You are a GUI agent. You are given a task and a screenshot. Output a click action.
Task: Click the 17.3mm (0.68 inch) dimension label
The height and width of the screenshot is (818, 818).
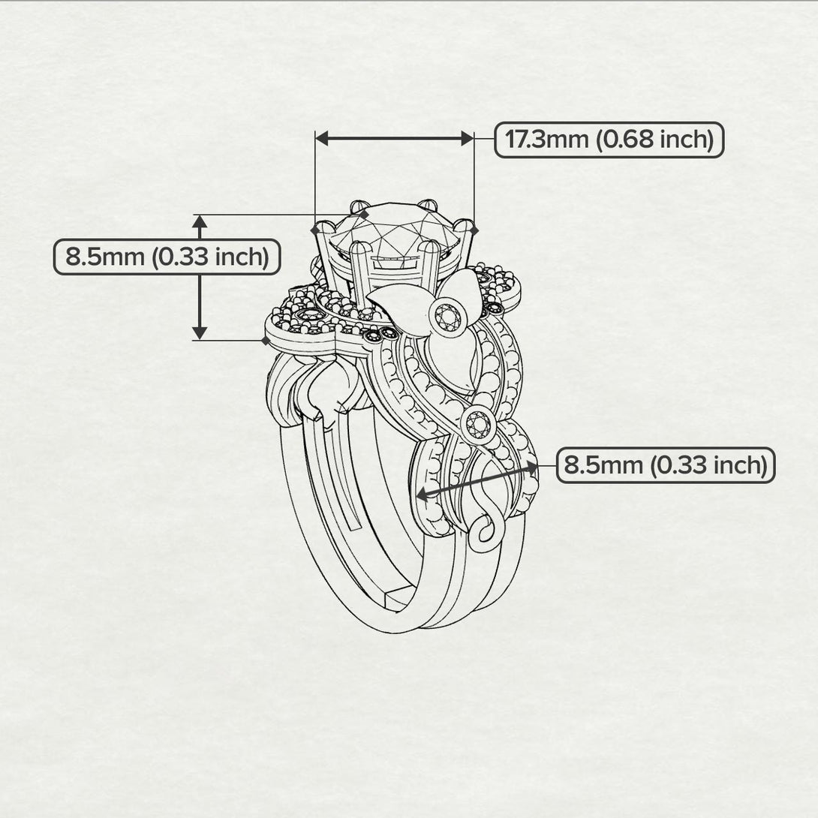point(609,140)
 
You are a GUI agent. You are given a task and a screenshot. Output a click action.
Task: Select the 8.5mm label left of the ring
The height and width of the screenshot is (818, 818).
point(167,257)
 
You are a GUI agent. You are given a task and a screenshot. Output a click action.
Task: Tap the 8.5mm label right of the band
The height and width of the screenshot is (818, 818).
point(666,465)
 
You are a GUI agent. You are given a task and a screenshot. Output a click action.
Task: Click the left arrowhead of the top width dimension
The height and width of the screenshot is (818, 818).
point(322,139)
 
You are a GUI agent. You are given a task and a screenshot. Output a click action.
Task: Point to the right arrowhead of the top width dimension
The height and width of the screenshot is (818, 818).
point(468,139)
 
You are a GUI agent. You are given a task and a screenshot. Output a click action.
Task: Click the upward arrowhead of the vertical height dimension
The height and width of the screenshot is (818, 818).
point(200,221)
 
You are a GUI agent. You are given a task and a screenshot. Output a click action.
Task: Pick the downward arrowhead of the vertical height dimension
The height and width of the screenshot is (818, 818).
point(200,333)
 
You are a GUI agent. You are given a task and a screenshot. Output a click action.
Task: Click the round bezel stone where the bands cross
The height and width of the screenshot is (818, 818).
point(478,425)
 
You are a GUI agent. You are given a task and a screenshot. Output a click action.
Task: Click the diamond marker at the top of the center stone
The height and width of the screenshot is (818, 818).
point(364,215)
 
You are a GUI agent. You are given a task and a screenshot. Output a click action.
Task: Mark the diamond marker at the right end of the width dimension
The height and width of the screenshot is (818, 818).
point(474,230)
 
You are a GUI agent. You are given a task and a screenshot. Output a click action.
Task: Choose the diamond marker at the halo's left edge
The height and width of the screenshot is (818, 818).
point(266,341)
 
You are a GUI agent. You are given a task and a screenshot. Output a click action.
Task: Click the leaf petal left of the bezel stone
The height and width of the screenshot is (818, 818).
point(401,309)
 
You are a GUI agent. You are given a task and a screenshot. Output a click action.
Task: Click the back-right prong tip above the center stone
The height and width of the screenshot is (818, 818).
point(428,205)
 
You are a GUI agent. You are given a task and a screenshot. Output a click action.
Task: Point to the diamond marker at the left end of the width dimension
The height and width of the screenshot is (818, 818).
point(315,230)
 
